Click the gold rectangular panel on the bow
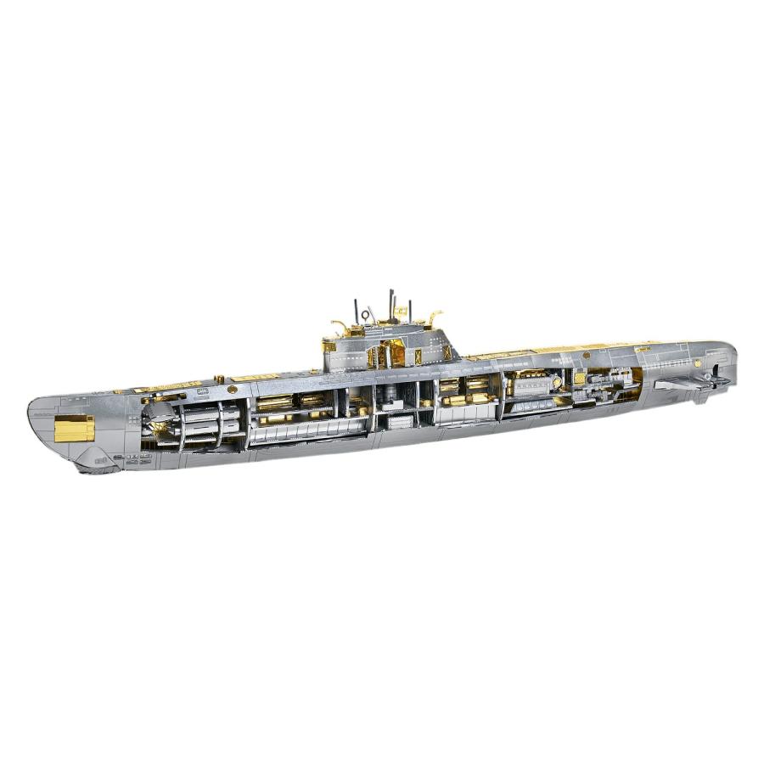74,428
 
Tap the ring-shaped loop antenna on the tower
365,314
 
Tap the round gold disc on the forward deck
233,389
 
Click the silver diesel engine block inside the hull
531,385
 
